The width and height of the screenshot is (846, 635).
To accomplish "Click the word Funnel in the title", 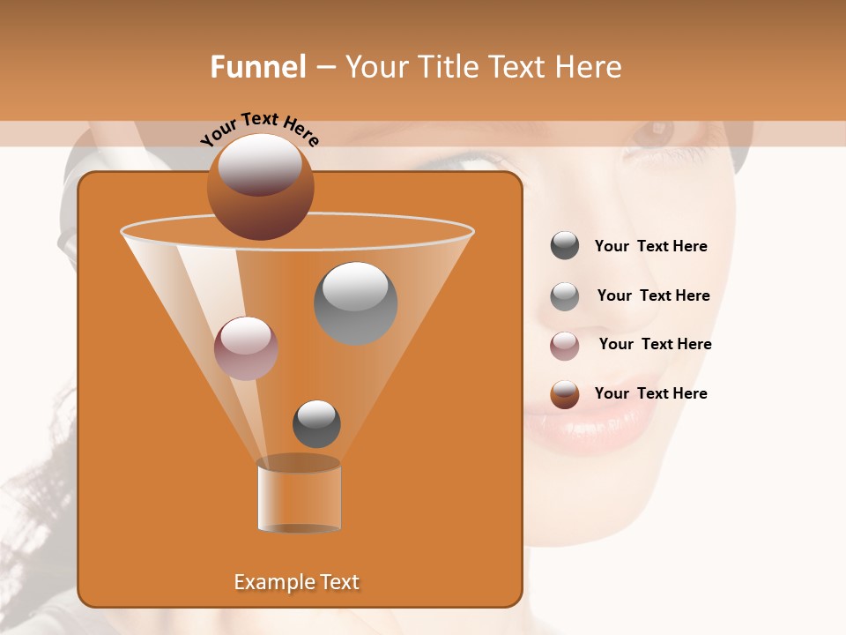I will coord(257,67).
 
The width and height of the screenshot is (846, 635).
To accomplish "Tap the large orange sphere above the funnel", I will coord(260,187).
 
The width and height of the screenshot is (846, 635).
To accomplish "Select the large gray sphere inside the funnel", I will coord(355,303).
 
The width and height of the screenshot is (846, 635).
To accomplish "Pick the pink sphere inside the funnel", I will coord(246,348).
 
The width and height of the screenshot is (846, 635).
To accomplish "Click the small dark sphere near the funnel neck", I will coord(316,423).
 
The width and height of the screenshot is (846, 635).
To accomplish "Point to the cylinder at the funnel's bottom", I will coord(299,496).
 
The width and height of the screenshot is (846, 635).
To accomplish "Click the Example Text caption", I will coord(297,582).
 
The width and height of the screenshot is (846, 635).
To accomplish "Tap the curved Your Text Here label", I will coord(259,128).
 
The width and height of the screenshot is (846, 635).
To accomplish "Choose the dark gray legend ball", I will coord(565,246).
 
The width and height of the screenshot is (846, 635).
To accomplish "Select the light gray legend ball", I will coord(565,296).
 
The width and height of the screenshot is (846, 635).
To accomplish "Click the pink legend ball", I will coord(565,346).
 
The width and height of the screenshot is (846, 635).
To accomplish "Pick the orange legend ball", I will coord(565,394).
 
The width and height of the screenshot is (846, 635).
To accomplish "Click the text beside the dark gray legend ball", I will coord(650,247).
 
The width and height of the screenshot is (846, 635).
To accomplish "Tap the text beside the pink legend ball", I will coord(655,345).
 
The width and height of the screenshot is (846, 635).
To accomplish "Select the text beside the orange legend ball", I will coord(650,394).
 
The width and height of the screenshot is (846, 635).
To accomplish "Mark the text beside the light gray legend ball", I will coord(653,296).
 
